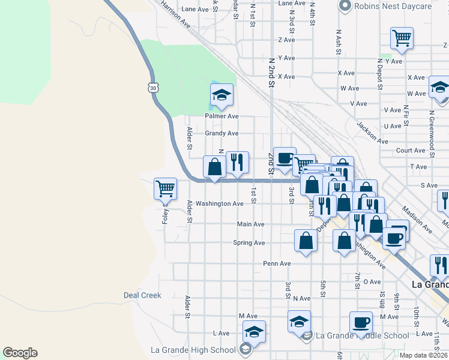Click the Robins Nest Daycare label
pyautogui.click(x=393, y=7)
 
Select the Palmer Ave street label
pyautogui.click(x=222, y=116)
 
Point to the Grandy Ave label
pyautogui.click(x=222, y=133)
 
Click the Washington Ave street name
pyautogui.click(x=220, y=204)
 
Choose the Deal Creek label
pyautogui.click(x=142, y=295)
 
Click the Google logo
pyautogui.click(x=20, y=353)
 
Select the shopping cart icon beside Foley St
pyautogui.click(x=165, y=188)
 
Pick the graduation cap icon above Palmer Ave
pyautogui.click(x=221, y=95)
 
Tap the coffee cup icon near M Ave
pyautogui.click(x=361, y=323)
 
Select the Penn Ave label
pyautogui.click(x=277, y=263)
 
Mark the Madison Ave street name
pyautogui.click(x=417, y=220)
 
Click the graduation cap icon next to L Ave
pyautogui.click(x=254, y=332)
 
